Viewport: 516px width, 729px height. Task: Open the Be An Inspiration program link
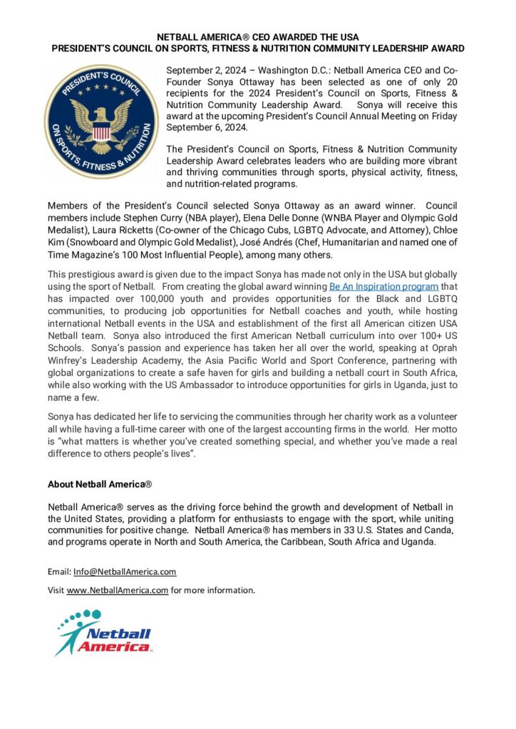point(375,285)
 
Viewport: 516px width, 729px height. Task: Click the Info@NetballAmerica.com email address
point(125,572)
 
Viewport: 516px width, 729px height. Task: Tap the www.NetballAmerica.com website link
point(118,590)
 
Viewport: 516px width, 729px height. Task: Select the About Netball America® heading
point(100,484)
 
